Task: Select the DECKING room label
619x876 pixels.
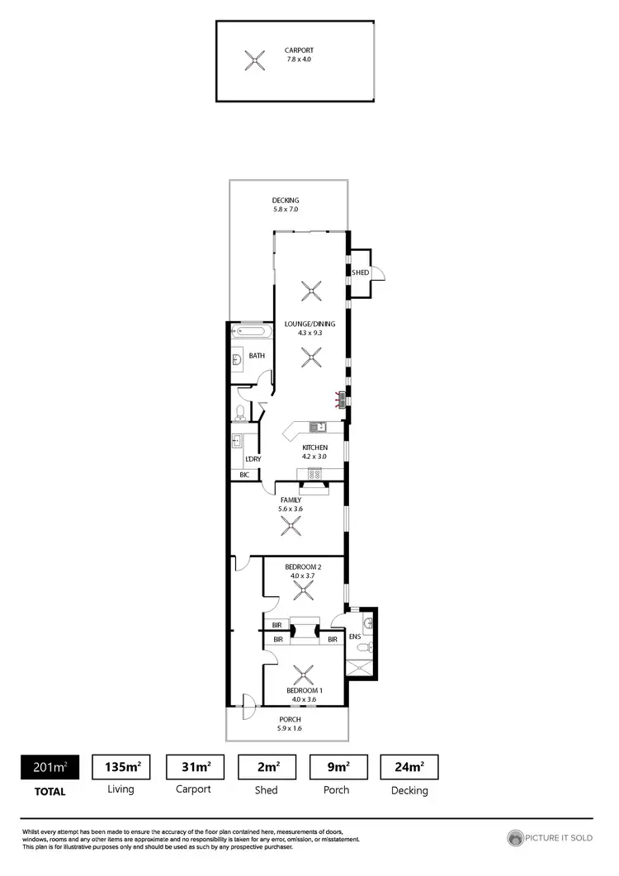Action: coord(286,201)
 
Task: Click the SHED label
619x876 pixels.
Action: coord(360,272)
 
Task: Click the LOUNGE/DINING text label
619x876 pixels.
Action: coord(309,324)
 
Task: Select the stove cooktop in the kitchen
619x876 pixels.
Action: coord(315,473)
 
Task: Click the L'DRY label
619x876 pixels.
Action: coord(253,458)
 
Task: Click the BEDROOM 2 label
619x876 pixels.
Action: coord(302,566)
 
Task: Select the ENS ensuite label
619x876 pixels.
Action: coord(355,637)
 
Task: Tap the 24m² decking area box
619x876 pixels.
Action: coord(409,767)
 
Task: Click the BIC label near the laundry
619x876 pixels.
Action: coord(244,475)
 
